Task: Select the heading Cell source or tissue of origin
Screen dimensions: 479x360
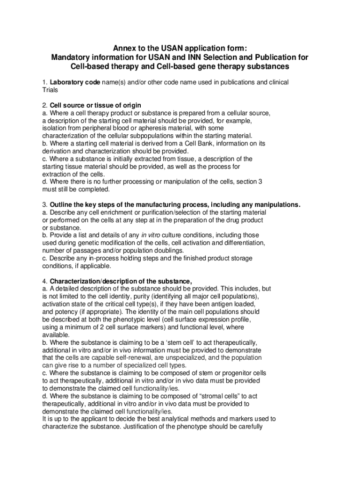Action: coord(95,105)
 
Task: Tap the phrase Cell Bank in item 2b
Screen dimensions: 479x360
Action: coord(194,143)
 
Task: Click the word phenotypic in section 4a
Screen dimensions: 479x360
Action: coord(129,319)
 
